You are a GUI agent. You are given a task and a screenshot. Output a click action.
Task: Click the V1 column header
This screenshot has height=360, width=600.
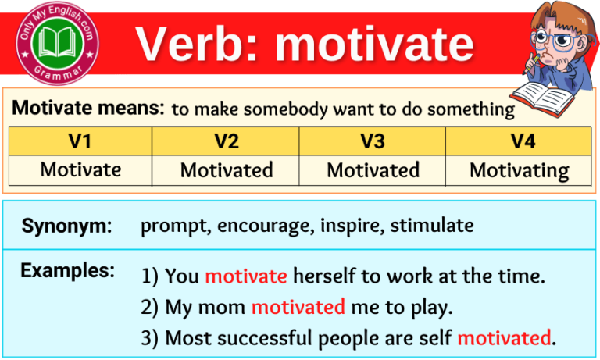coord(80,141)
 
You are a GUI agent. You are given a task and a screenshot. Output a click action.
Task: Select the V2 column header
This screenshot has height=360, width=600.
coord(227,141)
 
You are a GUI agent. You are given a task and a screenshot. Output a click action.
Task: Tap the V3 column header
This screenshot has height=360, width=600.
coord(373,141)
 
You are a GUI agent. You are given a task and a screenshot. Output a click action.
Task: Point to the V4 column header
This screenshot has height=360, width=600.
coord(519,141)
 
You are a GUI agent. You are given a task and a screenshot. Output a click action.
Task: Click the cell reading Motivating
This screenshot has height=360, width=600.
coord(519,170)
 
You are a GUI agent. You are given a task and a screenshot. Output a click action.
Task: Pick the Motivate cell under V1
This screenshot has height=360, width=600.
coord(80,170)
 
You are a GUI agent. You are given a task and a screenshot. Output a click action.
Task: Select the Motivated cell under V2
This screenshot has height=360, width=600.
coord(227,170)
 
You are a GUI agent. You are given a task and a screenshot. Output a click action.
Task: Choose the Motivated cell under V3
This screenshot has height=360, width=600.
coord(373,170)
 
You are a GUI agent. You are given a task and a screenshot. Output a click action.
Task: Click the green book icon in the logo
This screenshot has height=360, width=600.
coord(59,41)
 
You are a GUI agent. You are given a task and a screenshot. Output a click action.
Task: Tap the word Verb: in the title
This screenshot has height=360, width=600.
coord(198,45)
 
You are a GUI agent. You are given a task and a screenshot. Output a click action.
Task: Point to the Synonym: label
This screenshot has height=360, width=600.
coord(67,226)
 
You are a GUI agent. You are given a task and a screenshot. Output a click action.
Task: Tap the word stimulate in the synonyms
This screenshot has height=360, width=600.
coord(432,226)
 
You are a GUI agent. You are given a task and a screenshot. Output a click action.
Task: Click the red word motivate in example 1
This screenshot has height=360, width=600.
coord(246,276)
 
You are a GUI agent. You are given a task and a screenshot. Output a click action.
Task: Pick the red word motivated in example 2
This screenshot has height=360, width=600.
coord(298,308)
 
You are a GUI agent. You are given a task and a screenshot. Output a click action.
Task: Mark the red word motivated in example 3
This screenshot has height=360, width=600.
coord(504,338)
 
